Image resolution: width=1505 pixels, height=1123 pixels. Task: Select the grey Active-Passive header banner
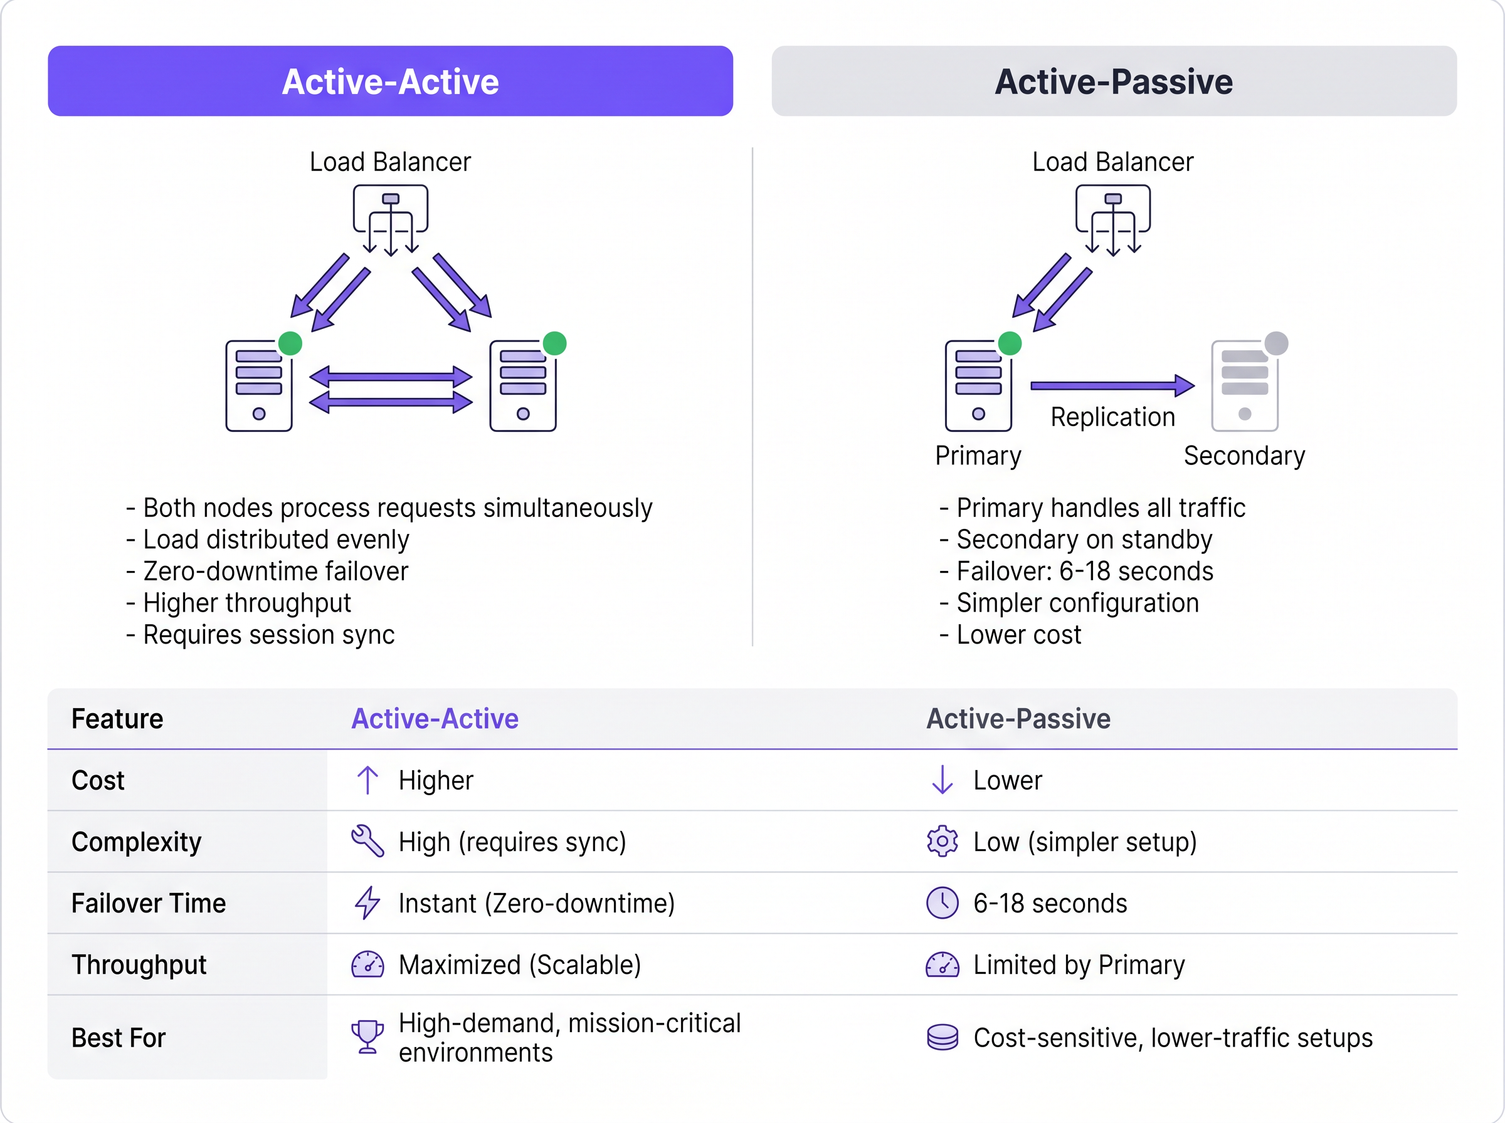tap(1113, 81)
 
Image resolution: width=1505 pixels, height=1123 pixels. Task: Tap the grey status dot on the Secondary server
tap(1276, 343)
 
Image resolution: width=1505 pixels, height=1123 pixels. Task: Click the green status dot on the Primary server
tap(1009, 343)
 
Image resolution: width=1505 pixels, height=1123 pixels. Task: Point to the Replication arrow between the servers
tap(1112, 385)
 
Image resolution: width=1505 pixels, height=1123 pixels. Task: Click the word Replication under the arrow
tap(1112, 417)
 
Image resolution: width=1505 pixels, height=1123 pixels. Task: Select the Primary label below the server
tap(978, 456)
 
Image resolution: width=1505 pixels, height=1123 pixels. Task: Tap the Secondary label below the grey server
tap(1244, 456)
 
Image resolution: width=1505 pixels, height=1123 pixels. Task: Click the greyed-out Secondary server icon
tap(1245, 386)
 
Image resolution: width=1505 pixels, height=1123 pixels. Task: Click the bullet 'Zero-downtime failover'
tap(275, 571)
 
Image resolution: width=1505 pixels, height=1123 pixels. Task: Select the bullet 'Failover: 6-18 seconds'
tap(1084, 571)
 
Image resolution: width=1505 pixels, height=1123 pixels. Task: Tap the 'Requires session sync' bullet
tap(268, 634)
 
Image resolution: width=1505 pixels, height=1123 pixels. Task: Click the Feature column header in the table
tap(117, 719)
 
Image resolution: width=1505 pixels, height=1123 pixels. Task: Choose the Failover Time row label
tap(148, 903)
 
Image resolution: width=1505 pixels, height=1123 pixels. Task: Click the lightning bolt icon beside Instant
tap(367, 903)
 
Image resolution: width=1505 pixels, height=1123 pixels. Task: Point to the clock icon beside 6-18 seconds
tap(942, 903)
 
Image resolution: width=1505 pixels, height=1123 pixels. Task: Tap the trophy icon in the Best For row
tap(367, 1037)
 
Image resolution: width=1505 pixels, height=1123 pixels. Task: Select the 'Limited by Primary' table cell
tap(1078, 964)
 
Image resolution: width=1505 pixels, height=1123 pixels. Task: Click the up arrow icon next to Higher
tap(367, 780)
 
